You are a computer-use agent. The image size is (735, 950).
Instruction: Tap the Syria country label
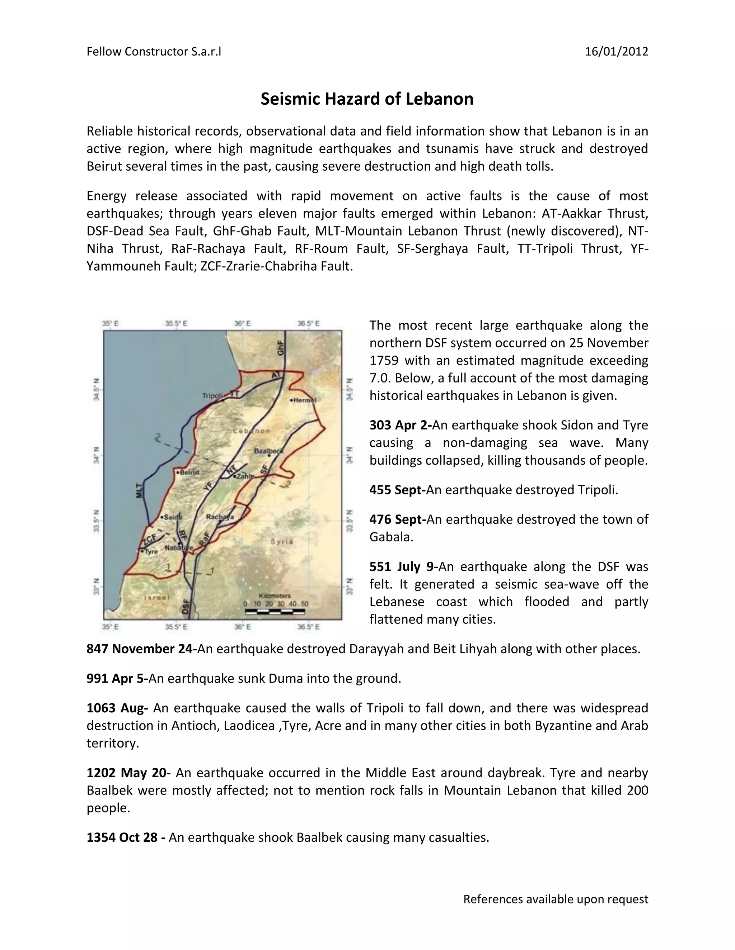(x=282, y=542)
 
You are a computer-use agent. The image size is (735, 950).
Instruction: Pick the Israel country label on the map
(x=156, y=598)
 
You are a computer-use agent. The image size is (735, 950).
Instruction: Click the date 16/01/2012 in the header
(x=616, y=52)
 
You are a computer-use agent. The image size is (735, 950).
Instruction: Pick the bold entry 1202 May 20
(x=128, y=773)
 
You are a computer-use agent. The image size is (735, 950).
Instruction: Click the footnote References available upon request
(x=555, y=899)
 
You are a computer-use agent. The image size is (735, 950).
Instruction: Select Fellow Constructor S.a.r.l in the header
(x=154, y=52)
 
